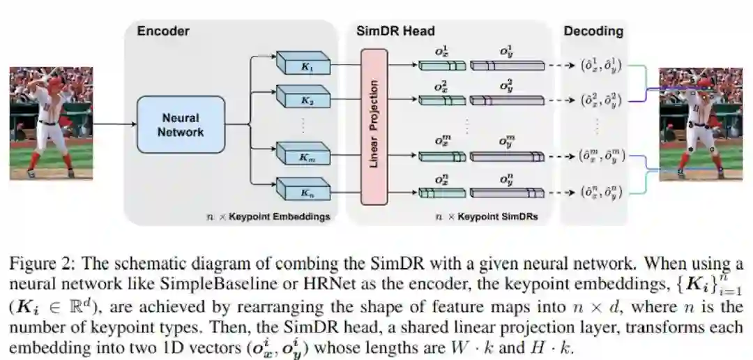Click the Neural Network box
pyautogui.click(x=181, y=125)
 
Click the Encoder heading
pyautogui.click(x=163, y=31)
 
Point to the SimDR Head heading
pyautogui.click(x=395, y=31)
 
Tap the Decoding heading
pyautogui.click(x=593, y=31)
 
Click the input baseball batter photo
pyautogui.click(x=51, y=123)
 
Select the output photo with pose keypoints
pyautogui.click(x=691, y=123)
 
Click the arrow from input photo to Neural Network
pyautogui.click(x=114, y=125)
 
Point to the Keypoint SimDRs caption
pyautogui.click(x=486, y=217)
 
